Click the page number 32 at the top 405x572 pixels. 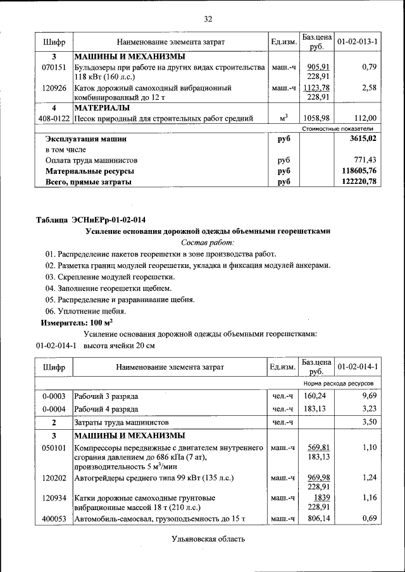tap(207, 18)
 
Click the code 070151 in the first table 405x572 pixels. tap(54, 67)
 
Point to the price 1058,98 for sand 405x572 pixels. tap(316, 118)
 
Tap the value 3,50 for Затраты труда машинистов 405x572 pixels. tap(369, 422)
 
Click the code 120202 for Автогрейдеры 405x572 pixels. tap(54, 478)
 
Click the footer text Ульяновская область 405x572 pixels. tap(208, 539)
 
